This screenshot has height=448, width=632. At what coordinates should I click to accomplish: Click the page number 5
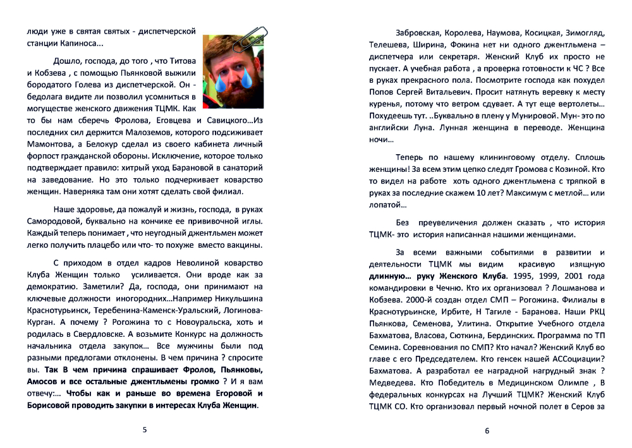pyautogui.click(x=145, y=430)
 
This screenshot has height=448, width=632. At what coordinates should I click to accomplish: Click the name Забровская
pyautogui.click(x=419, y=32)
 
